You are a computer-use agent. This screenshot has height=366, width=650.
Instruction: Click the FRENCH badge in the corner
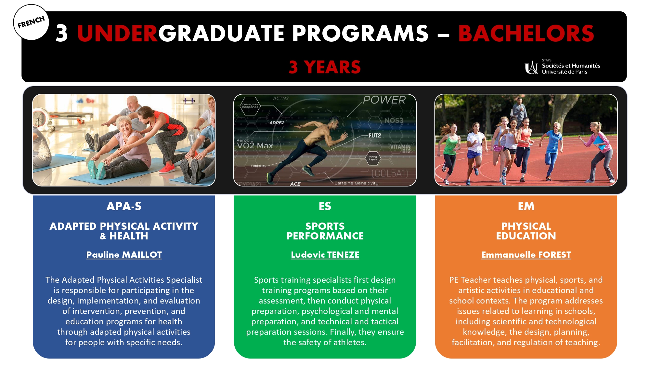click(31, 22)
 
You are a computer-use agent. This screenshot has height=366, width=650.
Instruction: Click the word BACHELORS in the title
click(526, 34)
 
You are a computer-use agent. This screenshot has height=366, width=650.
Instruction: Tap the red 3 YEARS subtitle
click(325, 67)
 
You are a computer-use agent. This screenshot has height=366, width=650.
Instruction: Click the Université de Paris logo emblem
click(531, 67)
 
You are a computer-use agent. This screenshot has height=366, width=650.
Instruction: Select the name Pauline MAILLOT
click(124, 254)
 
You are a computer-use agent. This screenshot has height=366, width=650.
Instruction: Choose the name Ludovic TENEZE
click(325, 254)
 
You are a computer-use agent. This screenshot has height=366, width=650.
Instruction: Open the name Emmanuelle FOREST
click(526, 254)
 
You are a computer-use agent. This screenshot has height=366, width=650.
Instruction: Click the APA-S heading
click(124, 206)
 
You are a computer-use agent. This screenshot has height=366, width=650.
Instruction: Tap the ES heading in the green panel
click(325, 206)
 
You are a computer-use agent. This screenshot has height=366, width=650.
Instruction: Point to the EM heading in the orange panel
click(526, 206)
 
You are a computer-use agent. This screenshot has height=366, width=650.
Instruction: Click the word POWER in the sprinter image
click(384, 100)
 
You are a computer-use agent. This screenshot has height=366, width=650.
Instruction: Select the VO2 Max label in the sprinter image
click(255, 146)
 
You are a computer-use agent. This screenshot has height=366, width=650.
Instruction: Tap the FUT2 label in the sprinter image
click(375, 135)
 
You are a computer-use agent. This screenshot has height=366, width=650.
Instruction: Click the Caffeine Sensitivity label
click(357, 183)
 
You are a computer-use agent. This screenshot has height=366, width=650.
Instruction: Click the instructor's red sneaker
click(167, 168)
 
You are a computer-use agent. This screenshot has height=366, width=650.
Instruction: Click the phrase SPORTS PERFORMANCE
click(325, 231)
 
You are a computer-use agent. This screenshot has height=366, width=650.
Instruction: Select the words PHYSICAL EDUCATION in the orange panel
click(526, 231)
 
